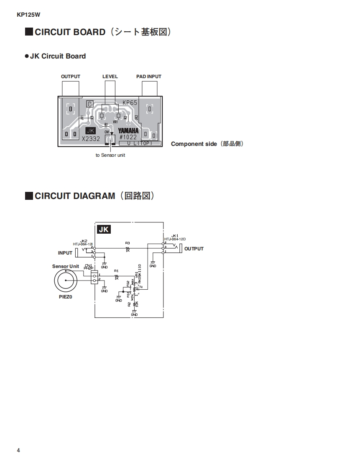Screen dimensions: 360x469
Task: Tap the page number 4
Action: (x=18, y=450)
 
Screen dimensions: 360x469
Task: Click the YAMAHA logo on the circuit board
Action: (x=128, y=130)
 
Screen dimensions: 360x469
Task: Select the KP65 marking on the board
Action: (x=130, y=102)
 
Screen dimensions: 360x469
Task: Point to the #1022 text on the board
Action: (x=128, y=137)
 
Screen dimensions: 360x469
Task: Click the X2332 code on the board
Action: (x=91, y=139)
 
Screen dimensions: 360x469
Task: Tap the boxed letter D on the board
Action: (x=89, y=103)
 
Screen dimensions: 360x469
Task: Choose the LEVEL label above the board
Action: (x=110, y=76)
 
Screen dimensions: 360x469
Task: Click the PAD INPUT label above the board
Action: (x=148, y=76)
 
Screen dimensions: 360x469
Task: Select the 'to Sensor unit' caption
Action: (x=110, y=155)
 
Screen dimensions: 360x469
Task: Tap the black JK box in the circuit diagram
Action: (x=104, y=229)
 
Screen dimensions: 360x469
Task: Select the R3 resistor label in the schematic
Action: (x=128, y=243)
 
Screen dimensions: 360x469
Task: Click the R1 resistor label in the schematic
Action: (x=116, y=271)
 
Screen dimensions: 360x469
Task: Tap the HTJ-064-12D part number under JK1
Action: (x=175, y=239)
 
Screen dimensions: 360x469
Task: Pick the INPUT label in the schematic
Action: (x=65, y=253)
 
